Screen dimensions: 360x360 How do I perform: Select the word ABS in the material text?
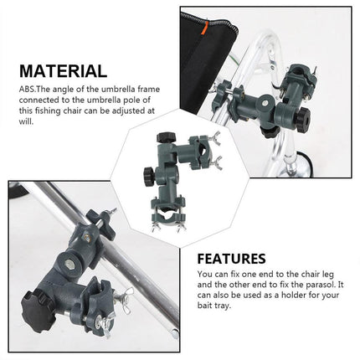point(27,90)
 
